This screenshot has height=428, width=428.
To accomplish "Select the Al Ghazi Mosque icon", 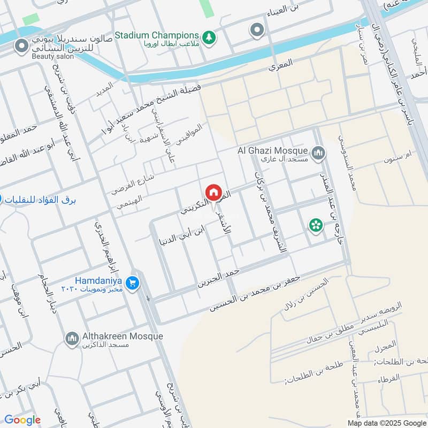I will coord(319,154).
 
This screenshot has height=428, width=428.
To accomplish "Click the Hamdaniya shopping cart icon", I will coord(134,282).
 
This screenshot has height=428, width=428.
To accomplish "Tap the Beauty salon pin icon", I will coord(22,48).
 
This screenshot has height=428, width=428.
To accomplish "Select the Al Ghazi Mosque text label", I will coord(272,151).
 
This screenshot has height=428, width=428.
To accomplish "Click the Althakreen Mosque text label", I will coord(123,336).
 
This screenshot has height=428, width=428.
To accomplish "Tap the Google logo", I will coord(22,420).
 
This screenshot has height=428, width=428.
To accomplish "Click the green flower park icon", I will coord(316,225).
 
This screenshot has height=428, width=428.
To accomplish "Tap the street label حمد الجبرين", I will coord(218,278).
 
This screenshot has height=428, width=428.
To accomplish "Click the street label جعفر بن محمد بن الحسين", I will coord(255,293).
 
